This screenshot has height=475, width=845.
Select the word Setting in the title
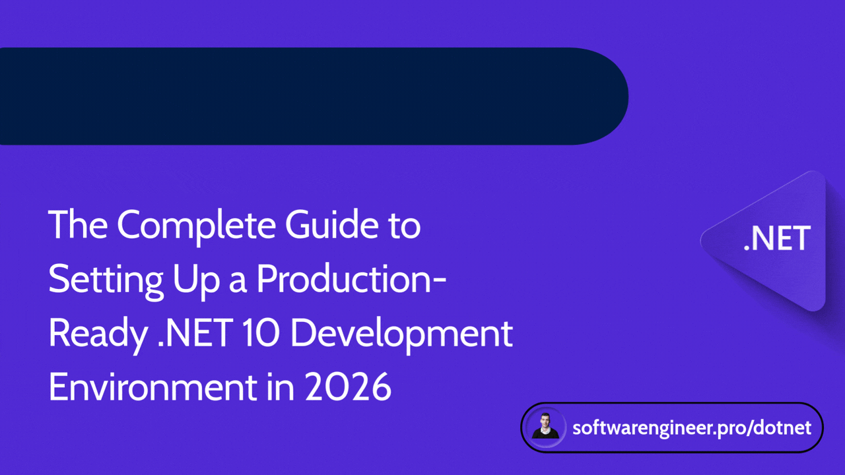pos(106,280)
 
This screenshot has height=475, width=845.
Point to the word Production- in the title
pos(351,280)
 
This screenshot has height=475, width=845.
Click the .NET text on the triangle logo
pos(777,239)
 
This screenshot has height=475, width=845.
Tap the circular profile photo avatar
pos(545,427)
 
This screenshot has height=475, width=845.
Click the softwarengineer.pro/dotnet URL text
pos(692,427)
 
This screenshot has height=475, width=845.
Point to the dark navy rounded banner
pos(297,96)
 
